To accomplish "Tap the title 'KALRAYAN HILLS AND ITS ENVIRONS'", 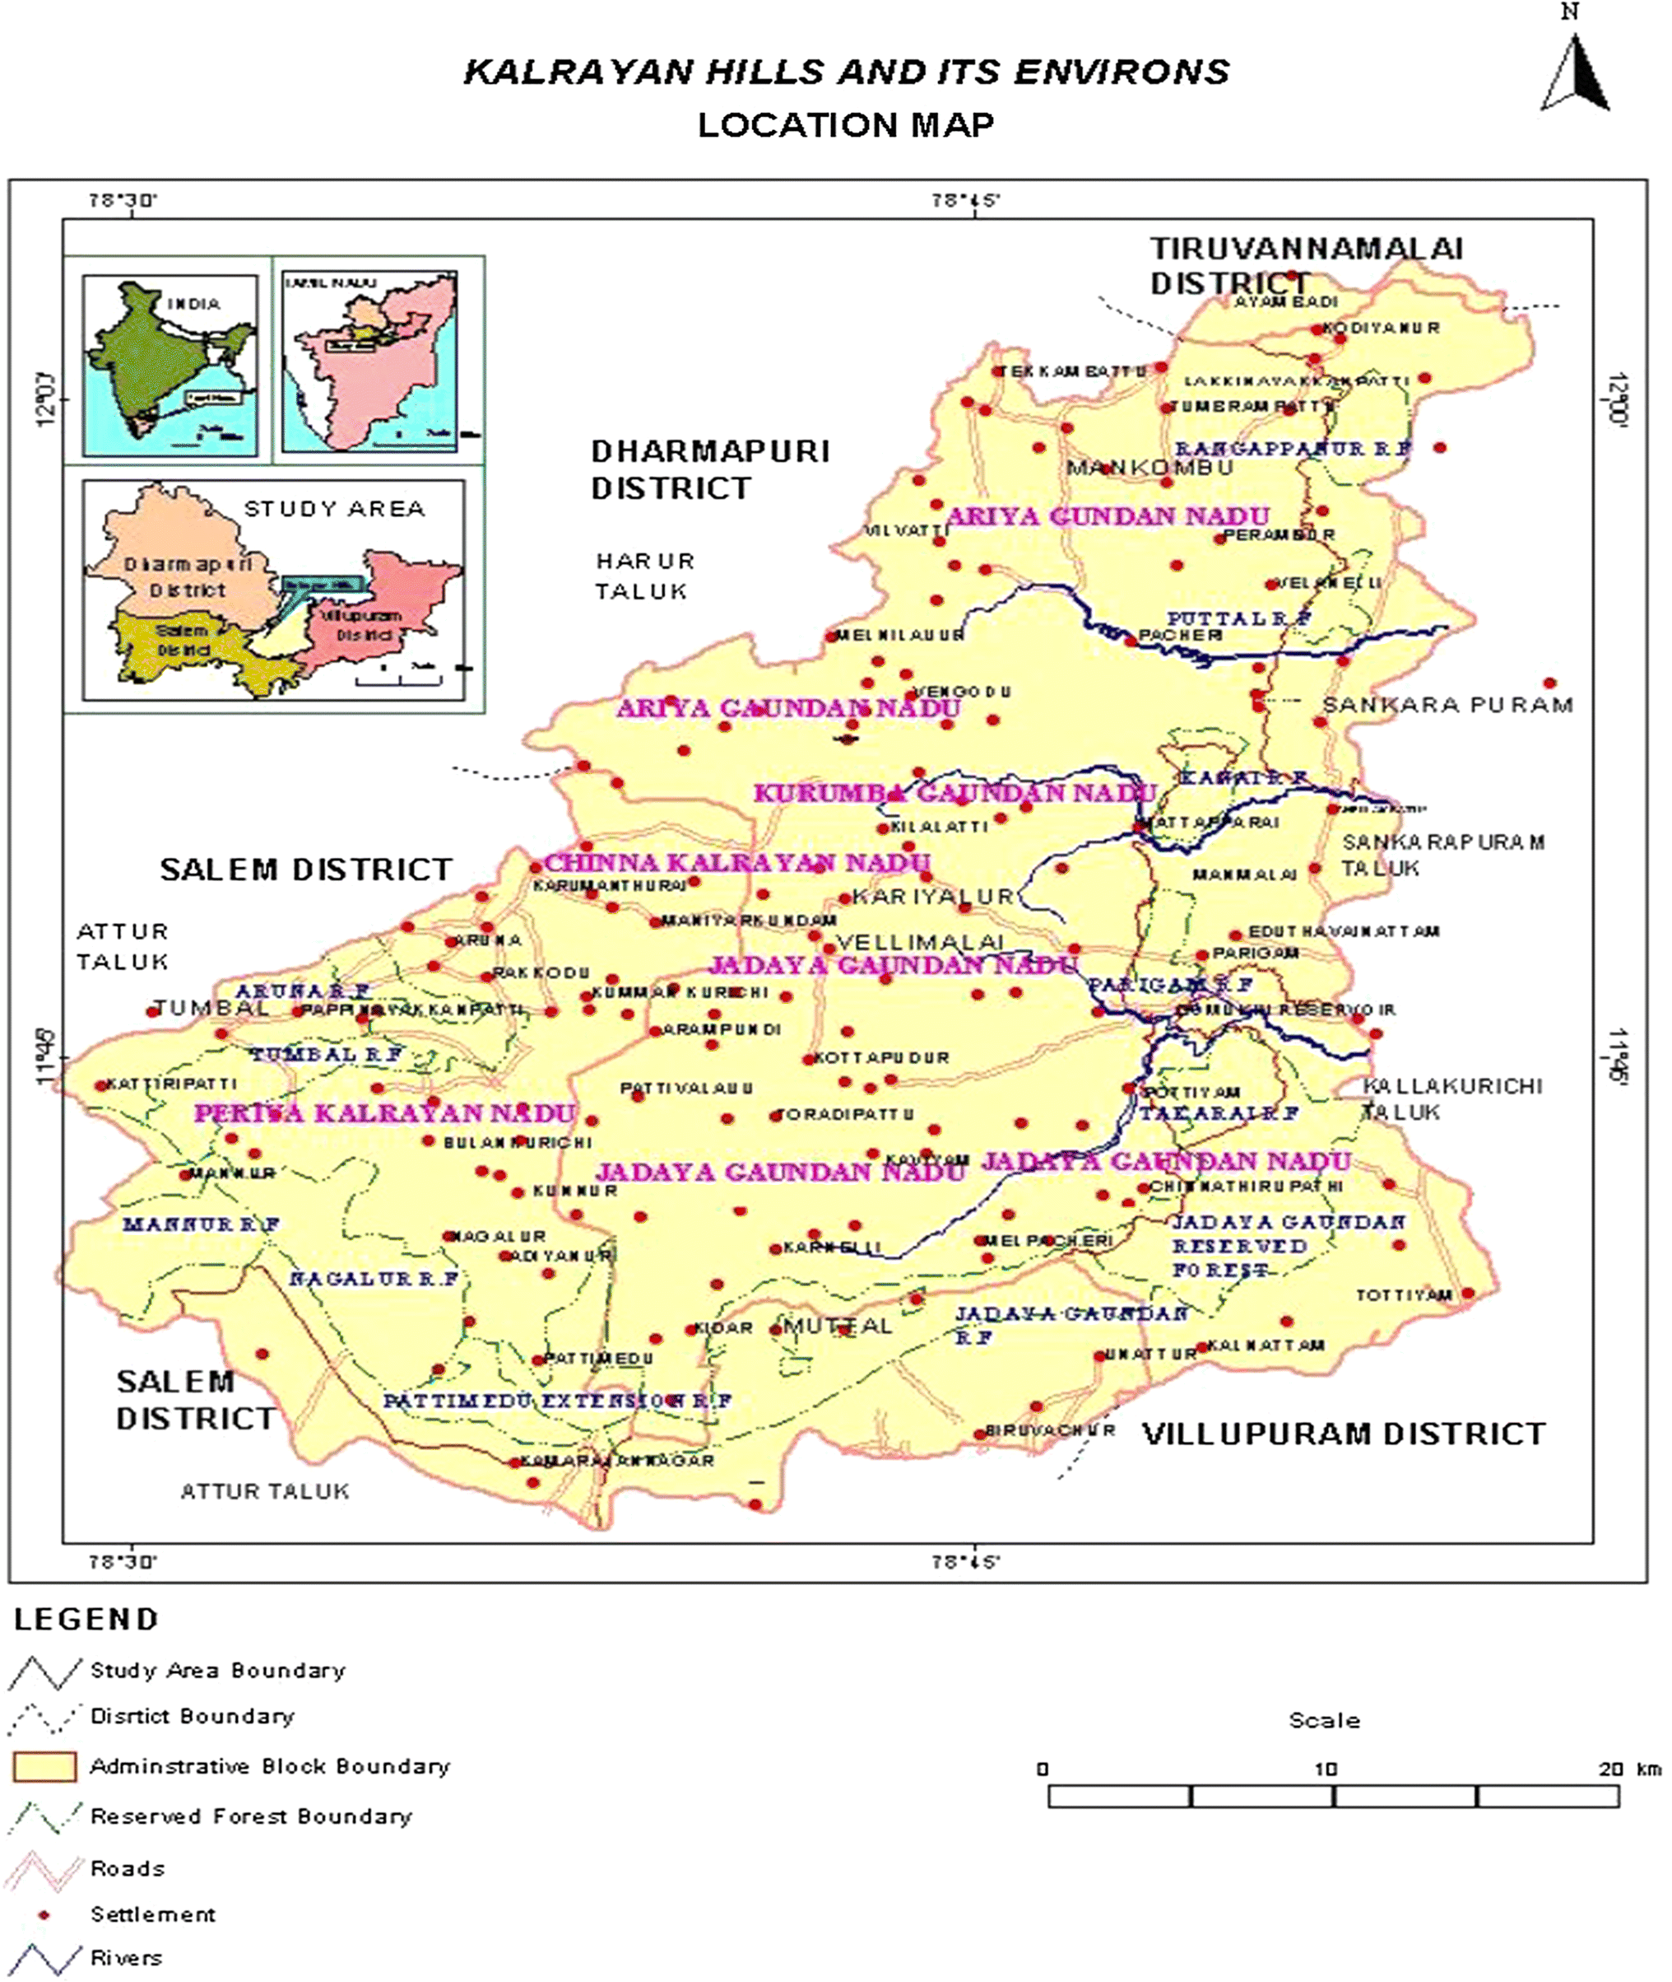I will tap(847, 72).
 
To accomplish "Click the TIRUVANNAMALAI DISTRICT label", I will tap(1306, 265).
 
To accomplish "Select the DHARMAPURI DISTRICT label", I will tap(710, 469).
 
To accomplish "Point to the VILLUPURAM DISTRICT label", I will tap(1343, 1434).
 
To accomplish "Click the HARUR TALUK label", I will tap(644, 576).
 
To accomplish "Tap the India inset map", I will tap(170, 365).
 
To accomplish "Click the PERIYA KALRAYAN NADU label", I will tap(385, 1112).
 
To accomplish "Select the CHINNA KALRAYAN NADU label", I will tap(736, 863).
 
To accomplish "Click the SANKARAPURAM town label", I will tap(1447, 705).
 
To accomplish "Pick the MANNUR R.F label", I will tap(201, 1224).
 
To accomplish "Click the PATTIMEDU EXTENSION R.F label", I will tap(556, 1401).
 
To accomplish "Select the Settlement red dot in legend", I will tap(42, 1914).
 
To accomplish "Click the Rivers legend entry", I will tap(125, 1957).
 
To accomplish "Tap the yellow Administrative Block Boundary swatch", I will tap(44, 1765).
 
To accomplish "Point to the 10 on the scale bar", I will tap(1325, 1769).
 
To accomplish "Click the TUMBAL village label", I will tap(211, 1007).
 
